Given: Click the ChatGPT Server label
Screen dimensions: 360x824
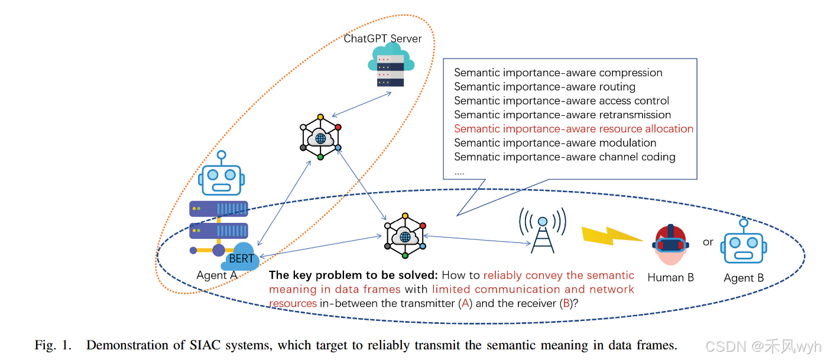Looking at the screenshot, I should click(382, 39).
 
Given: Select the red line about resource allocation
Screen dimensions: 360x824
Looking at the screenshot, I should click(573, 129).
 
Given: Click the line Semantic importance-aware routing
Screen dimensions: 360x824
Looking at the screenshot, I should click(544, 87).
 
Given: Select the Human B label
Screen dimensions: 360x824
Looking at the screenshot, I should click(670, 278).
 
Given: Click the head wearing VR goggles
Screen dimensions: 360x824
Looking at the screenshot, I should click(670, 246).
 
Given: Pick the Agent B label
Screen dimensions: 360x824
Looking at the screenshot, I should click(744, 278).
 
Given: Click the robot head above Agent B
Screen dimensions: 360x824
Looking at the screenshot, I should click(743, 244).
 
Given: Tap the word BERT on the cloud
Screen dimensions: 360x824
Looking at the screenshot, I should click(241, 258).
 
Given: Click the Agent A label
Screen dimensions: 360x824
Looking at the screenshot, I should click(216, 275).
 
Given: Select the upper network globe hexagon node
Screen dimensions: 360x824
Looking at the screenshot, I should click(320, 137).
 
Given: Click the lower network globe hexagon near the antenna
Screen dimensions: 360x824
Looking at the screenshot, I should click(405, 235).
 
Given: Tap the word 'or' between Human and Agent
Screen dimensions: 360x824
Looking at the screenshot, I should click(708, 242).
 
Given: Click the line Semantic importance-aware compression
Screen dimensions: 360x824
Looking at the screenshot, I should click(558, 73).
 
